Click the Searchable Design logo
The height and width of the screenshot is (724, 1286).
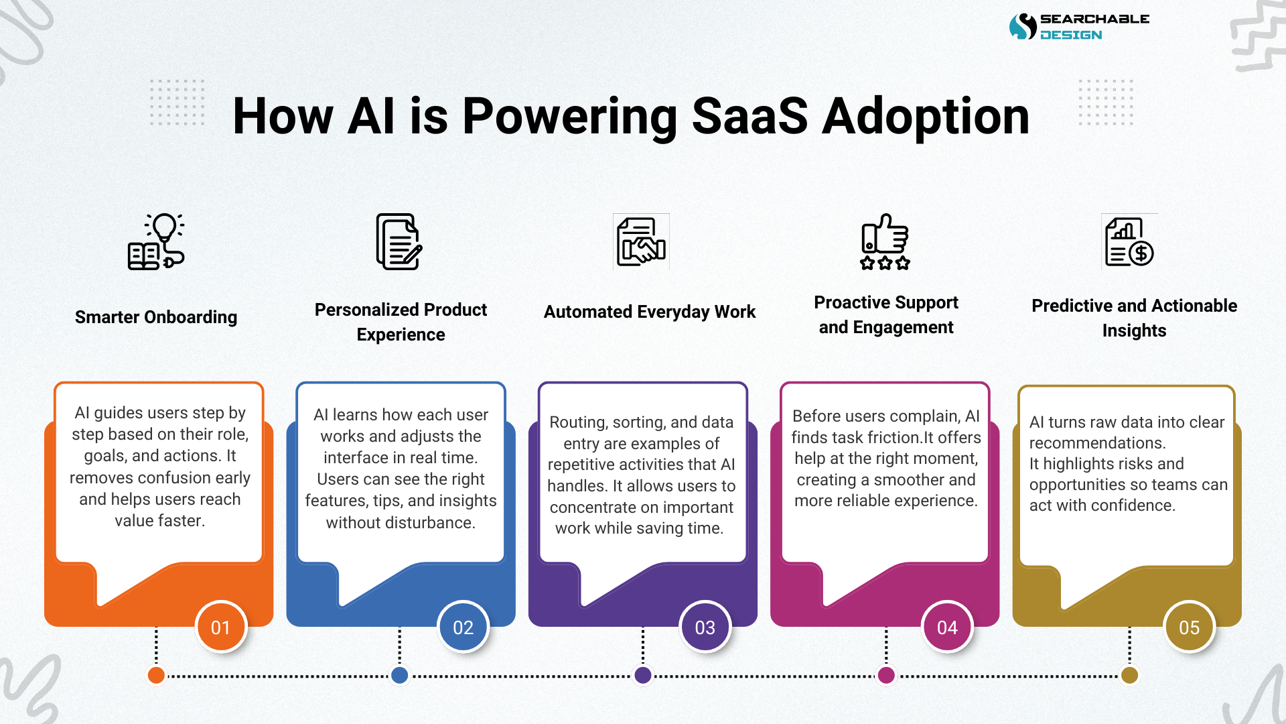tap(1078, 27)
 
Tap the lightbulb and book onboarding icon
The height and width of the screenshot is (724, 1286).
tap(156, 242)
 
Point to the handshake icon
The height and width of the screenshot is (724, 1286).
tap(641, 242)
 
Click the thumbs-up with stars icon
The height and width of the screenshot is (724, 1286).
tap(885, 242)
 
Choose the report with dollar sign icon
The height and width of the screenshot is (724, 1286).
tap(1129, 242)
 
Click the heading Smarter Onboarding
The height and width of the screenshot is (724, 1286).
tap(156, 317)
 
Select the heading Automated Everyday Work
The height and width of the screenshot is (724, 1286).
tap(649, 312)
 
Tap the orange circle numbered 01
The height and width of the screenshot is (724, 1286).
tap(221, 627)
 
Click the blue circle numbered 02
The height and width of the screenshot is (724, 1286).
tap(463, 627)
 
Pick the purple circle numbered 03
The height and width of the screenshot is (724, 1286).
tap(705, 627)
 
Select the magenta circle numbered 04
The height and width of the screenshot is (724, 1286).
tap(947, 627)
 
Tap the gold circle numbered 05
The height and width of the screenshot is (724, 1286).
tap(1189, 627)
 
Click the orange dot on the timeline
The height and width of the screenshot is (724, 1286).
tap(156, 675)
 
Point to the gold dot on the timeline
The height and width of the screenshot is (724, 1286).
tap(1129, 675)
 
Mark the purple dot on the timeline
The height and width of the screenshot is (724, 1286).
tap(642, 675)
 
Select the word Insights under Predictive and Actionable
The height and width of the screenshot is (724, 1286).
tap(1134, 330)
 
